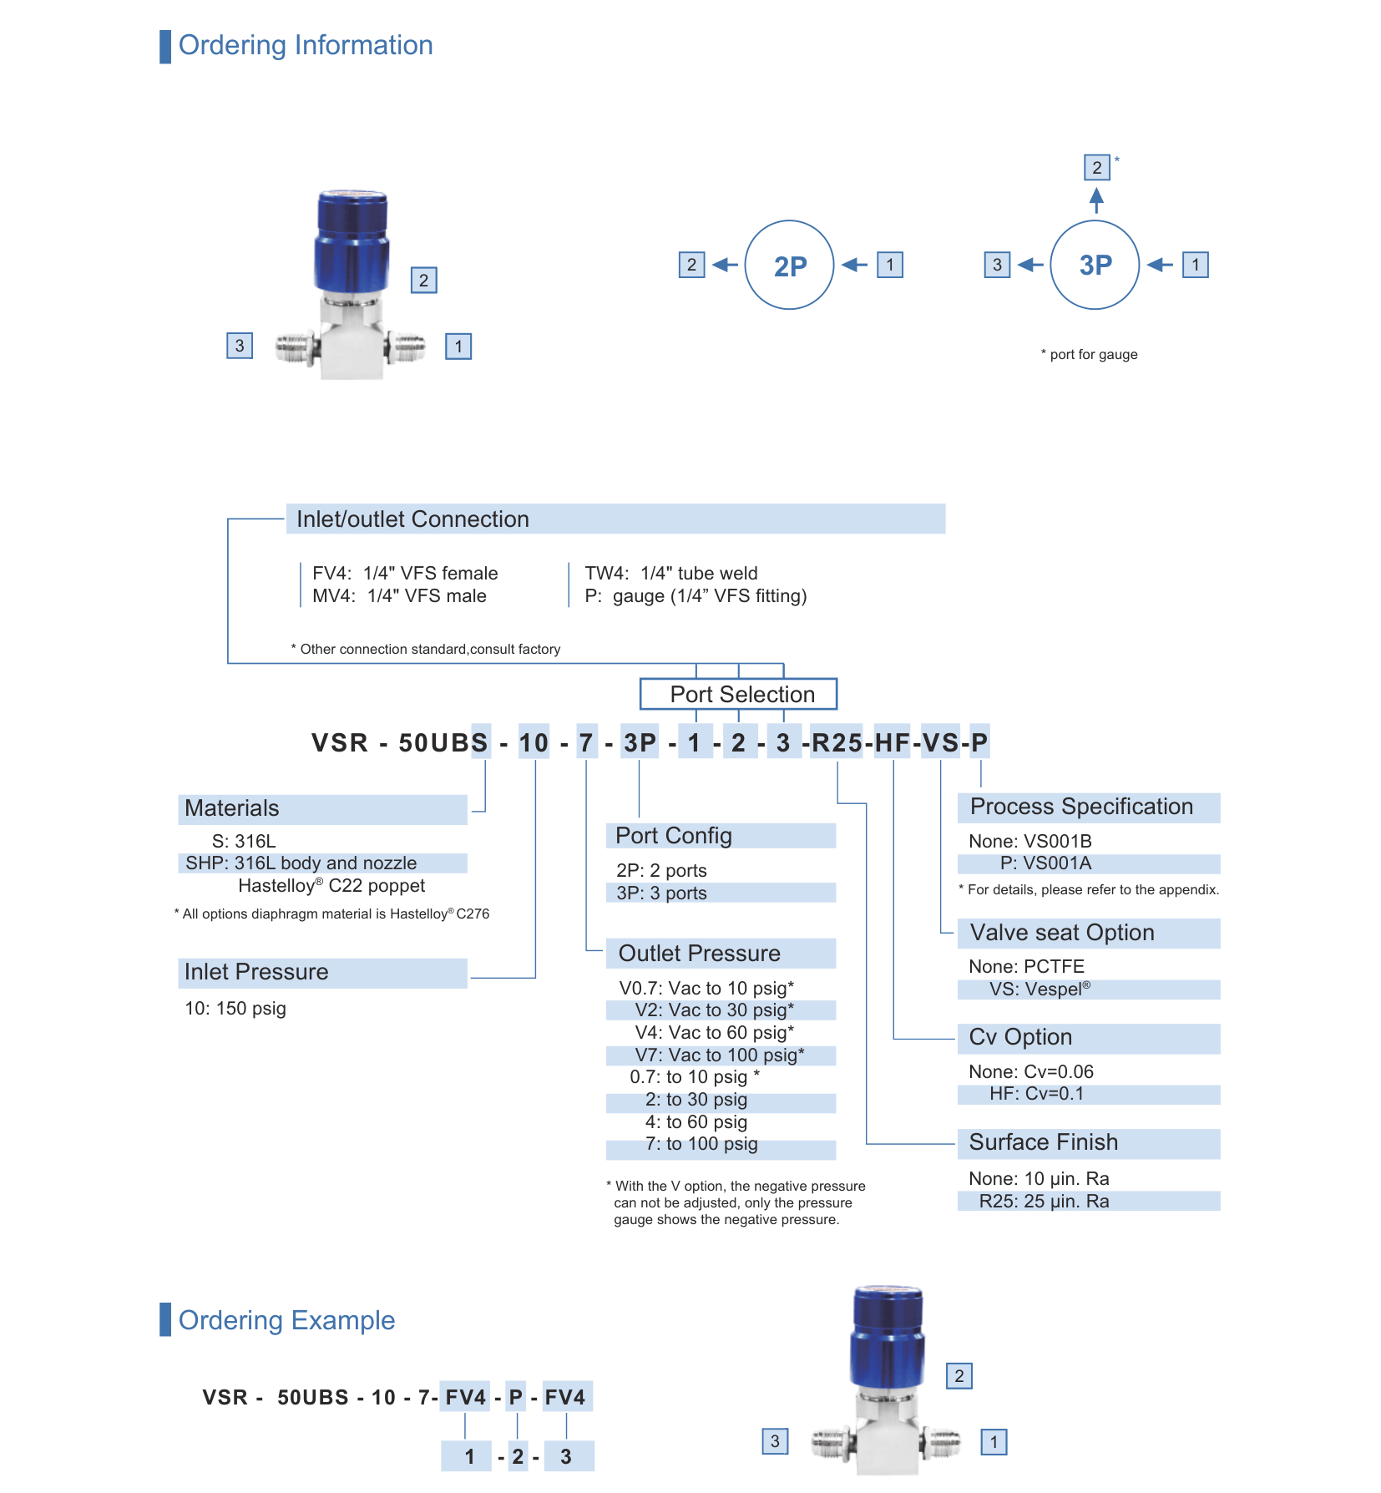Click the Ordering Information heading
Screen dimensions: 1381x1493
[306, 45]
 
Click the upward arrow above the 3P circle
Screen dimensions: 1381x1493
[1096, 200]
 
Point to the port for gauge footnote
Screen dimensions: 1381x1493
[1089, 354]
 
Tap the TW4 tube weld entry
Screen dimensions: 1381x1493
[671, 573]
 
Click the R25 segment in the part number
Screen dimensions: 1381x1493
[837, 742]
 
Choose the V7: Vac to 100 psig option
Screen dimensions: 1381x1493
[720, 1055]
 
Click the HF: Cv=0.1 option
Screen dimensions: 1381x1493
[1036, 1094]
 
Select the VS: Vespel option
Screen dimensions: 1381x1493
[1040, 989]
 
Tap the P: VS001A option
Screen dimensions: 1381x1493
[1046, 863]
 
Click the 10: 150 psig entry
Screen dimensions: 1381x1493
[235, 1008]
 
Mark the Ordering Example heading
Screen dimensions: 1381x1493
[286, 1320]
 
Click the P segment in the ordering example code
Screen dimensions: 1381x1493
[516, 1397]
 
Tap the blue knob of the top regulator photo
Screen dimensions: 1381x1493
[352, 240]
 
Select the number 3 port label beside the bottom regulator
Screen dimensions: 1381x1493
[775, 1441]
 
